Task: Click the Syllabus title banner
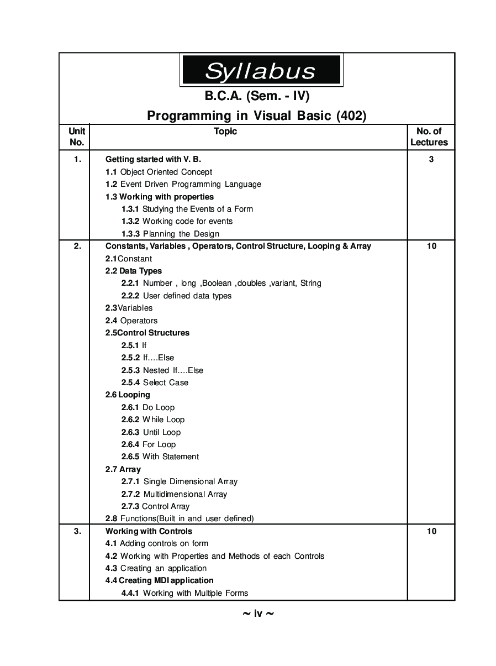261,70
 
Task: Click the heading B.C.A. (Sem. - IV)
257,96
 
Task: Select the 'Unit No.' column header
77,137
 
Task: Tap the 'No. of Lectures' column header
429,137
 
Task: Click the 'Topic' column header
225,131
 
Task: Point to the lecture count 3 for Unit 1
431,159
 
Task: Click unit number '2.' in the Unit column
77,246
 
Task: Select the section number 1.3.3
130,234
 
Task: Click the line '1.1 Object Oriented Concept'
159,172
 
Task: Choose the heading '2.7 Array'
123,469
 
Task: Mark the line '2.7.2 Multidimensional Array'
174,494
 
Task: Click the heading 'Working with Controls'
149,531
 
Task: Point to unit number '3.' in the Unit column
77,531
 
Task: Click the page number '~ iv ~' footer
258,613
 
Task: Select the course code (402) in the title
351,116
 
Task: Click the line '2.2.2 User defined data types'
176,296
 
